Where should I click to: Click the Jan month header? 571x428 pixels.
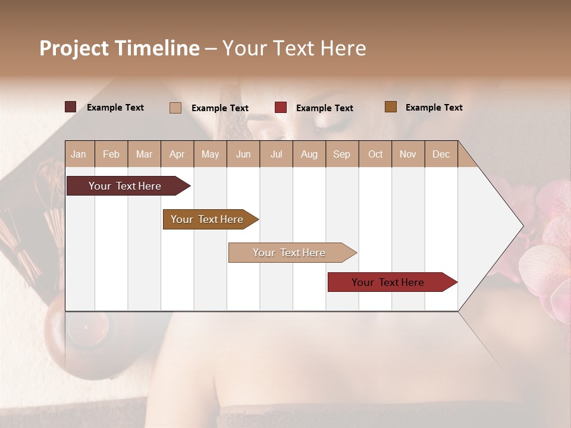click(x=79, y=154)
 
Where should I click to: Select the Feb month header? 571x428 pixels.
click(x=111, y=154)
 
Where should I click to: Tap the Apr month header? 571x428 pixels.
click(x=177, y=154)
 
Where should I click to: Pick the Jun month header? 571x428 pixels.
click(x=243, y=154)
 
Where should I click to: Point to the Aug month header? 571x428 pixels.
click(x=309, y=154)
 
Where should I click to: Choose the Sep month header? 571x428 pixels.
click(x=341, y=154)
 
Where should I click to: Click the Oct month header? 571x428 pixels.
click(x=375, y=154)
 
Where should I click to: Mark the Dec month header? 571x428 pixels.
click(x=441, y=154)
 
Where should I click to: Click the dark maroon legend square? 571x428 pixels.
click(x=71, y=107)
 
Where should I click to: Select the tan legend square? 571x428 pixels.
click(x=175, y=108)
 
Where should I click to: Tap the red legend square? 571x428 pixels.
click(x=281, y=108)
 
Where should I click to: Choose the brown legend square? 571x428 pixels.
click(x=391, y=107)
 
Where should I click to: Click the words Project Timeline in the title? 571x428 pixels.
click(x=120, y=48)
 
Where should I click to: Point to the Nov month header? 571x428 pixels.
click(x=408, y=154)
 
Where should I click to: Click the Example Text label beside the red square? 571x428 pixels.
click(x=324, y=108)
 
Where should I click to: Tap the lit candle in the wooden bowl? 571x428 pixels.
click(x=87, y=328)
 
